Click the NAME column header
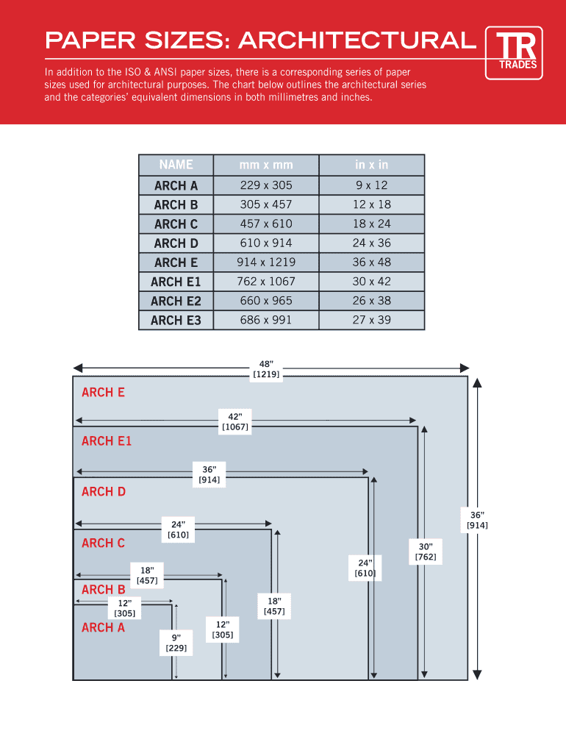click(x=176, y=165)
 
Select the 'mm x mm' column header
click(x=265, y=165)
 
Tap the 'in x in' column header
click(x=371, y=165)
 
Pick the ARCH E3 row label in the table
click(x=176, y=320)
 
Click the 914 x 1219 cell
click(x=265, y=263)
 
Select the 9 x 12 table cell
click(x=371, y=185)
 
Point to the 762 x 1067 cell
click(x=265, y=282)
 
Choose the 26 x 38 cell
click(x=371, y=301)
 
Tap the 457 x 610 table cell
click(x=265, y=224)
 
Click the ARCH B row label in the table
click(x=176, y=204)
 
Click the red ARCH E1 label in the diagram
click(x=107, y=441)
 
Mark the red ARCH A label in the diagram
click(x=103, y=627)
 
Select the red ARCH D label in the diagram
click(x=104, y=491)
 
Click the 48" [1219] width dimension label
click(x=266, y=369)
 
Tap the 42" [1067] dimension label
click(x=235, y=421)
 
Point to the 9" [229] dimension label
click(x=176, y=643)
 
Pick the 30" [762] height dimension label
click(x=426, y=552)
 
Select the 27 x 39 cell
click(x=371, y=320)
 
